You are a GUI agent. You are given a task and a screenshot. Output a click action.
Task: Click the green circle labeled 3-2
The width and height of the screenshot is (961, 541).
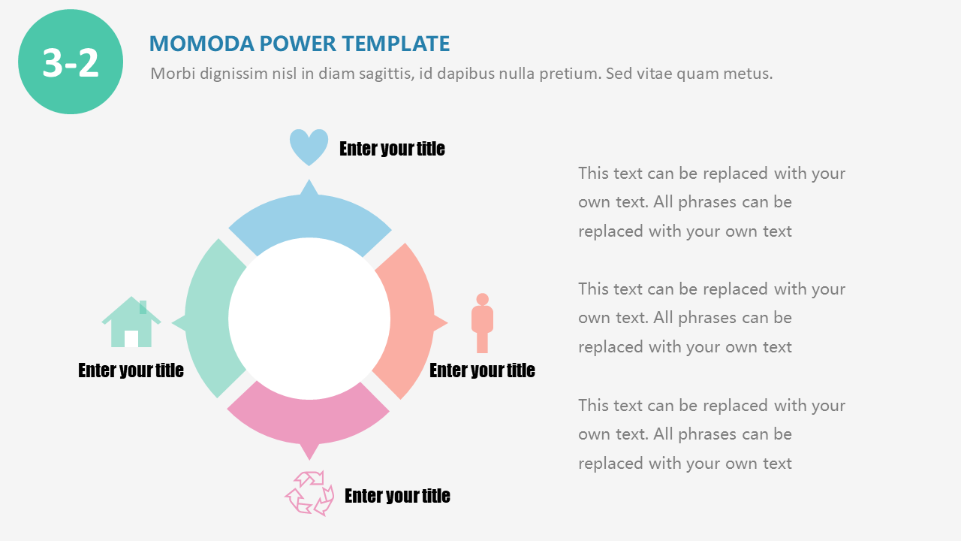71,62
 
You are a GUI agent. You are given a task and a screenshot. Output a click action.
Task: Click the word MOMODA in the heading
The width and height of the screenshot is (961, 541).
202,44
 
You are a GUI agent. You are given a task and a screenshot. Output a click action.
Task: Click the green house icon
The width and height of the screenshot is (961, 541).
131,322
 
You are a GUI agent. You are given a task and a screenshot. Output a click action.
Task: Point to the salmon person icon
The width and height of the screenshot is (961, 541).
482,323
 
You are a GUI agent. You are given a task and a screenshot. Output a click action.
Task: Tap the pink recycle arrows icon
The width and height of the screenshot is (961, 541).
309,492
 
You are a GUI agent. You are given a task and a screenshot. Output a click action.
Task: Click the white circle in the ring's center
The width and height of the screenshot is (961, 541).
309,319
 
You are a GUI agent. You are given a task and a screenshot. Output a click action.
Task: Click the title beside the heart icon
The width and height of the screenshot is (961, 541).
392,149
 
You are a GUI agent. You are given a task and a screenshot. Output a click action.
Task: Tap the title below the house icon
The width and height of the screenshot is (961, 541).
131,370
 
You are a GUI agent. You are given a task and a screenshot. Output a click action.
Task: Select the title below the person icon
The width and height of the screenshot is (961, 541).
482,370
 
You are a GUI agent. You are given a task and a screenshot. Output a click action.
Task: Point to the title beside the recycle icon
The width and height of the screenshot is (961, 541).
397,496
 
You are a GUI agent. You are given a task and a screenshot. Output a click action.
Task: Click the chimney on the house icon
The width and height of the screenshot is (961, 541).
143,307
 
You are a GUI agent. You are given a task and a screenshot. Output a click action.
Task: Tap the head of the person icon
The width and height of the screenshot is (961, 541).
482,299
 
